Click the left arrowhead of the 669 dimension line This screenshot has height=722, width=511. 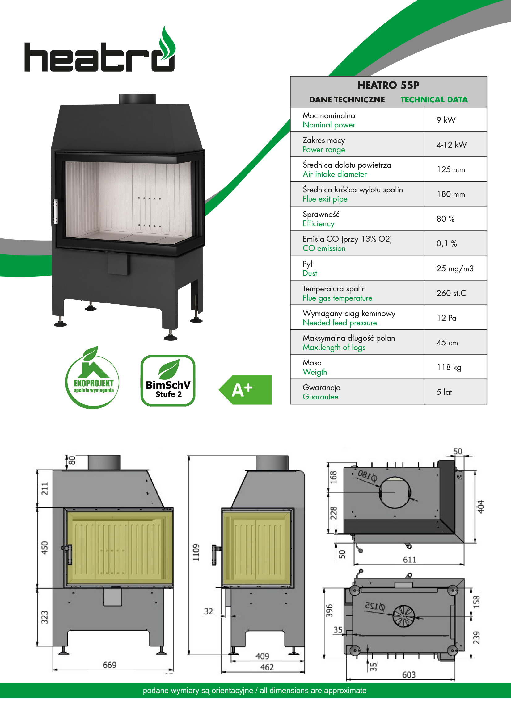coord(54,670)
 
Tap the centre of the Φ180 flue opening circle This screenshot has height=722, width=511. coord(395,492)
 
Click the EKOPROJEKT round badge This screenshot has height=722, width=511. coord(92,378)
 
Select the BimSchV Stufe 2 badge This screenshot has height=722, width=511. coord(168,381)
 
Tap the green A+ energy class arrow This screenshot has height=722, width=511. coord(245,390)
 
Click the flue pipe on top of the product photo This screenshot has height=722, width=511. coord(137,99)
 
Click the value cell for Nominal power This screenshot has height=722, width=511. coord(446,120)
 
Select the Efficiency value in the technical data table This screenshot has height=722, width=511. coord(446,219)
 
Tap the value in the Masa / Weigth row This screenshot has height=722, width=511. coord(449,367)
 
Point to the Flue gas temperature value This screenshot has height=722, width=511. coord(451,293)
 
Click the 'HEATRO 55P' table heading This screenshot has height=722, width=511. coord(388,85)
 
